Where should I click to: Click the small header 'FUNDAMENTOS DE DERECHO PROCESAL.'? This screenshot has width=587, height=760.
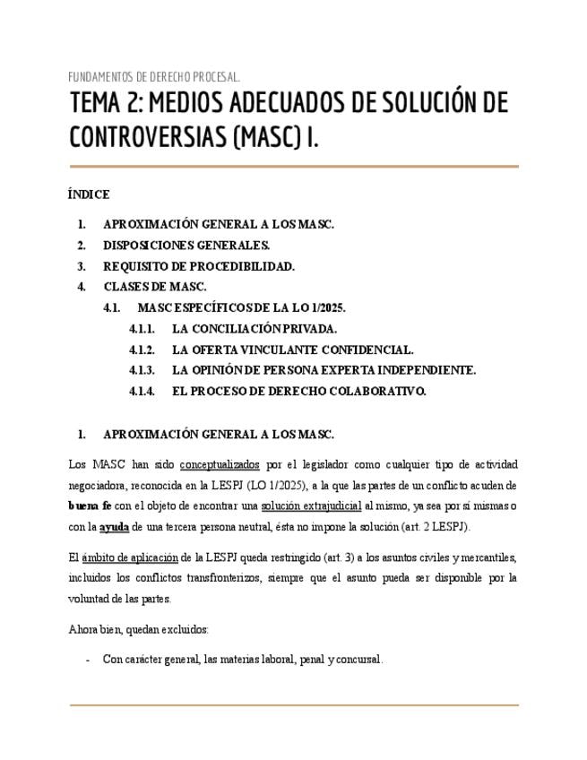[154, 76]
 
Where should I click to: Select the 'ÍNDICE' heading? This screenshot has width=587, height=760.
[89, 194]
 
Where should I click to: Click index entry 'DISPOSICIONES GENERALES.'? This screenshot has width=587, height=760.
[186, 246]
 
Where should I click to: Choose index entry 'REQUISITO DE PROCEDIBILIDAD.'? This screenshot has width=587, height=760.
[199, 266]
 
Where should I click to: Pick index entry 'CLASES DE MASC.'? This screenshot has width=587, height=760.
[155, 287]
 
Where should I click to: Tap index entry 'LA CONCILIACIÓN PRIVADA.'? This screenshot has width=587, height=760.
[255, 329]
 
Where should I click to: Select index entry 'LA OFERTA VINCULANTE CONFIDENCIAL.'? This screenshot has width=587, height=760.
[292, 350]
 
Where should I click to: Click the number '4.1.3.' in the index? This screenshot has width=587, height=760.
[142, 370]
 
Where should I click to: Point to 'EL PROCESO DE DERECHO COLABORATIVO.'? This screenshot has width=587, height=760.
[298, 391]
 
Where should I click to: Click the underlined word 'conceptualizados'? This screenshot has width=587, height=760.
[220, 465]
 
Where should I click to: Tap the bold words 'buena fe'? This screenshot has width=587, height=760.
[90, 505]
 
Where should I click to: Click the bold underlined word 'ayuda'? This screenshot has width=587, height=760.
[114, 526]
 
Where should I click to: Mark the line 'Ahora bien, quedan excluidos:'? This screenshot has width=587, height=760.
[138, 629]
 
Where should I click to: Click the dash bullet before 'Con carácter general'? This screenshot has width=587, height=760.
[87, 660]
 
